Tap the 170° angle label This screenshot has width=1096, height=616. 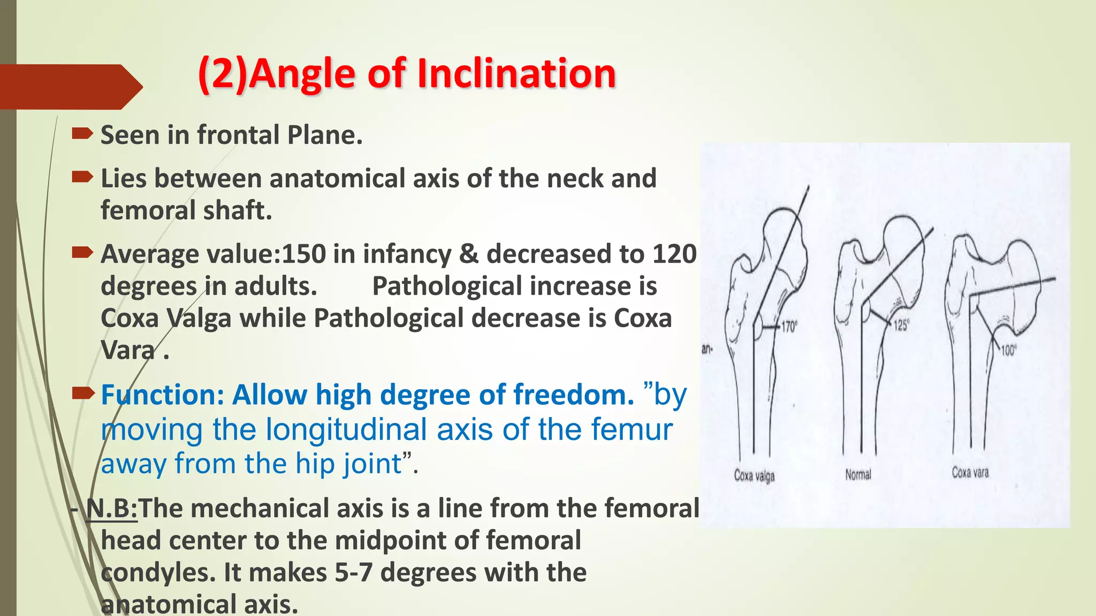click(789, 327)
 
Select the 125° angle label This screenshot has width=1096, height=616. click(901, 325)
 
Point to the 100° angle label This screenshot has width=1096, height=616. click(1008, 351)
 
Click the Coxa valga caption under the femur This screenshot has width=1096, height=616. click(754, 475)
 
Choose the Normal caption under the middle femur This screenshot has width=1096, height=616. click(858, 474)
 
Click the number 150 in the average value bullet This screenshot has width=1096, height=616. click(303, 254)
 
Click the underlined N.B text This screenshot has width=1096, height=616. click(111, 508)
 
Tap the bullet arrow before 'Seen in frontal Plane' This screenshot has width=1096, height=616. click(82, 133)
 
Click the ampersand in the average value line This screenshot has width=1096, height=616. click(468, 254)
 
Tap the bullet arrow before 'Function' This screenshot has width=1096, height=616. click(83, 394)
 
